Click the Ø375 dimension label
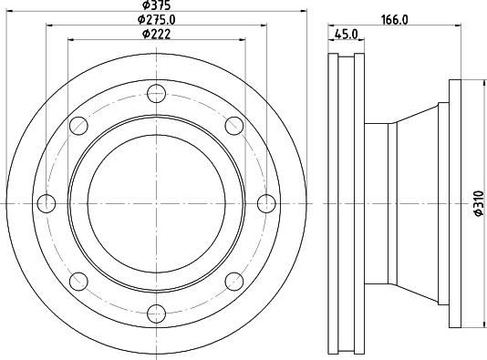click(157, 5)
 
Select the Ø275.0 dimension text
click(157, 20)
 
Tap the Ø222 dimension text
click(157, 34)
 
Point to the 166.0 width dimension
click(395, 20)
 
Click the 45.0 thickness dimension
click(347, 34)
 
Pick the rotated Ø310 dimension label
click(479, 203)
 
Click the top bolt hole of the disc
click(156, 93)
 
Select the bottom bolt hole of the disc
click(156, 314)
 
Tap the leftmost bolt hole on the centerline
click(47, 203)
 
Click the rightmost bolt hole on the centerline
click(266, 203)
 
